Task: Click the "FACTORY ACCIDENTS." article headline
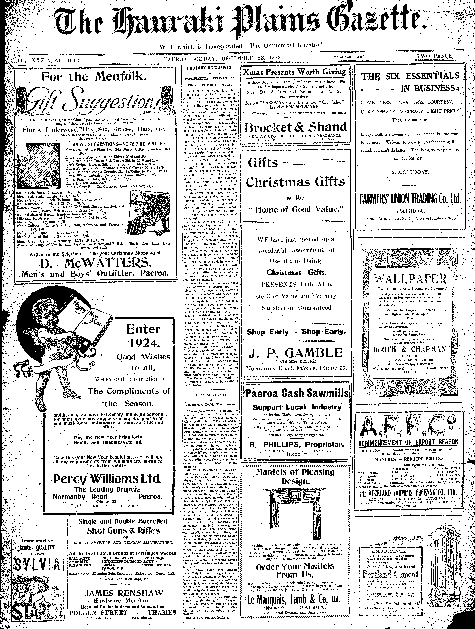pos(209,68)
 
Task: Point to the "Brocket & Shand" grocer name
pos(295,127)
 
